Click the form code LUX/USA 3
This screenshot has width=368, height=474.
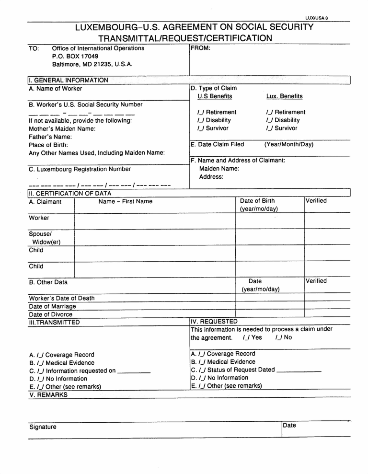316,18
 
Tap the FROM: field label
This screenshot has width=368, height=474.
201,48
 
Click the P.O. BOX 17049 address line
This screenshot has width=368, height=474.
75,56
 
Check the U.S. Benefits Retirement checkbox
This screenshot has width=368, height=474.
201,112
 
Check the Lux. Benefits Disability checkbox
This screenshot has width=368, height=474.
269,120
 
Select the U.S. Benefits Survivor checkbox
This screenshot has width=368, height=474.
201,128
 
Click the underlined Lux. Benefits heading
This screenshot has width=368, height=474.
284,96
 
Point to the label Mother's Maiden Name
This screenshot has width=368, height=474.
62,128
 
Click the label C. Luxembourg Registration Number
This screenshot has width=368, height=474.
80,169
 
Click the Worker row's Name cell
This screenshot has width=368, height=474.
154,221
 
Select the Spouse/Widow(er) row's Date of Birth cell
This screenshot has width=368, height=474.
270,237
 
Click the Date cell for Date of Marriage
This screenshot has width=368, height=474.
270,306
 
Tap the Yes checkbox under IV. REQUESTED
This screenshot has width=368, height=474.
246,337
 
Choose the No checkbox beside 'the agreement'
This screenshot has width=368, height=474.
279,337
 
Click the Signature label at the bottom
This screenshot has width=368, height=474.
43,427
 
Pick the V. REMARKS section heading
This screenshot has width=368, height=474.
48,395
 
